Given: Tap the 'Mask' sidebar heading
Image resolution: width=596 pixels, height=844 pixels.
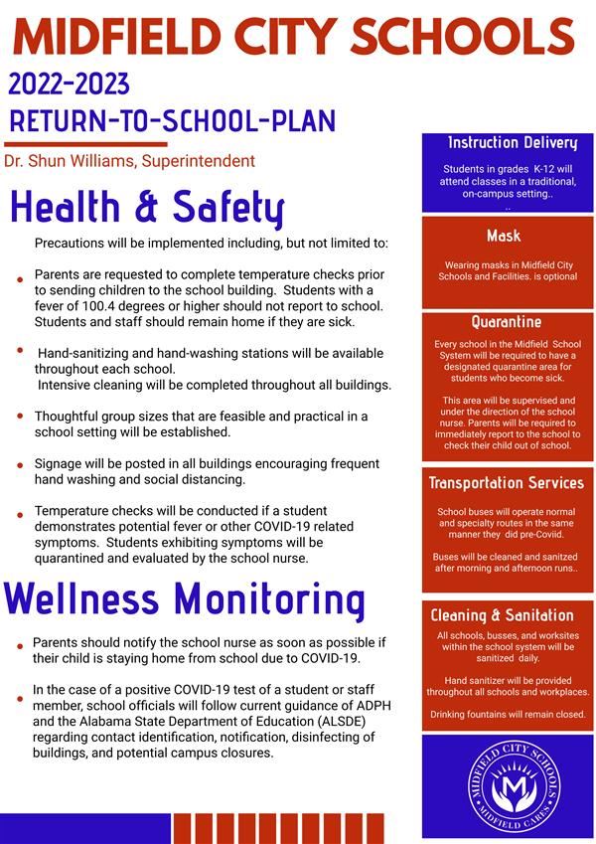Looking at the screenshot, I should point(504,236).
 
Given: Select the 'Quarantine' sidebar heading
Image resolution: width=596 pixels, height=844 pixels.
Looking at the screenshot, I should point(507,322).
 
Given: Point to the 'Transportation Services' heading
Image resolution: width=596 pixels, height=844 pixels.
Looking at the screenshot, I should point(507,483).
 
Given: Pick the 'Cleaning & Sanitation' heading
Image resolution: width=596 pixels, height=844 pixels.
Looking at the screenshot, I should point(503,615).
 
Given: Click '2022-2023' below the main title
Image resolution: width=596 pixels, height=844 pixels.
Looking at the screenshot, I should point(69,84).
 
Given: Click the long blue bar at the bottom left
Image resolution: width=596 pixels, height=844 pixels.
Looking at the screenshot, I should point(85,828).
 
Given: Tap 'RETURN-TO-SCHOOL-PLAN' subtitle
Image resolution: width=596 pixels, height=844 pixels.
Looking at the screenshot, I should point(172,121).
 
